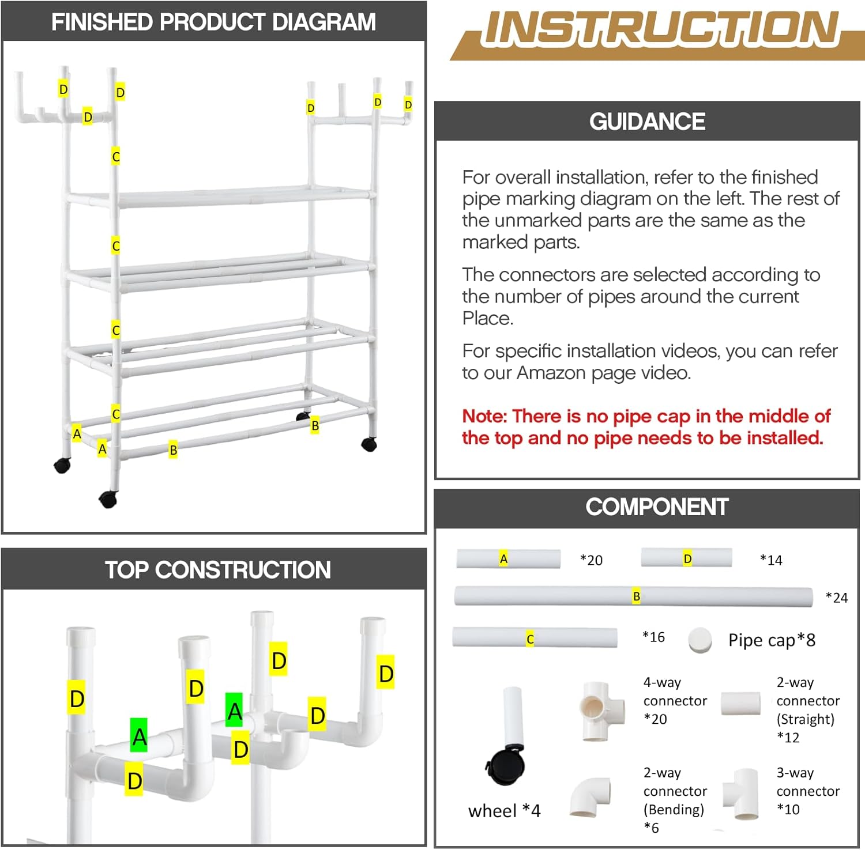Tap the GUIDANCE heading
pos(647,122)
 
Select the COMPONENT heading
pos(657,507)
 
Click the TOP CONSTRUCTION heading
pos(217,569)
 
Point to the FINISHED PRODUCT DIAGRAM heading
pos(213,22)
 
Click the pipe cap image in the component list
pos(700,640)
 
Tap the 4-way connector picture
pos(601,711)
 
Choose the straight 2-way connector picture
pos(740,703)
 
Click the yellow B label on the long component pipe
pos(636,596)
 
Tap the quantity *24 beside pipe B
pos(836,598)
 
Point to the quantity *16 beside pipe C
pos(653,637)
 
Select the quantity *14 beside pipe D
pos(771,560)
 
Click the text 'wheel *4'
pos(504,811)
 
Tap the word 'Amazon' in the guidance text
pos(552,373)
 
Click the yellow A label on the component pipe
pos(503,558)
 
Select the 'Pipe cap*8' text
pos(772,640)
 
